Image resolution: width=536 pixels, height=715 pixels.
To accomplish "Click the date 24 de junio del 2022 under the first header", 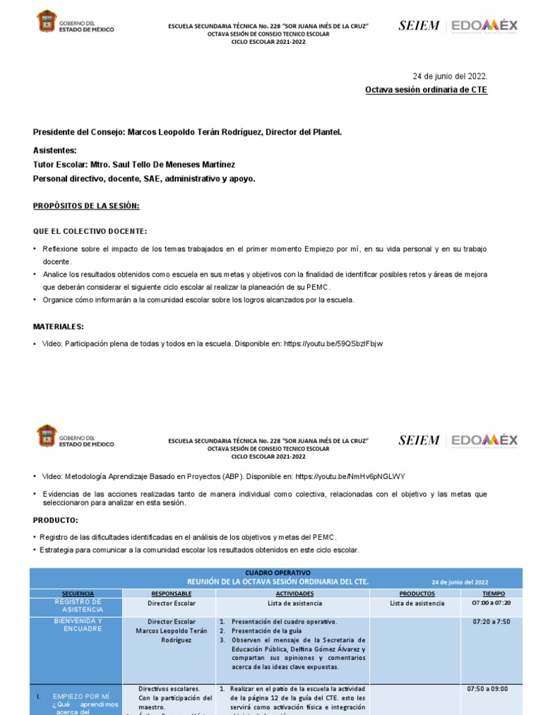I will coord(450,75).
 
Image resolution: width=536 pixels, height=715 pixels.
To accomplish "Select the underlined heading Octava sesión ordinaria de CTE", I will coord(426,90).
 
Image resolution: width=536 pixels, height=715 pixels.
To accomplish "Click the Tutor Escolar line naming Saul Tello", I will coord(134,164).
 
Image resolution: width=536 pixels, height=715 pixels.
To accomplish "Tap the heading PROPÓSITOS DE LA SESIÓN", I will coord(87,206).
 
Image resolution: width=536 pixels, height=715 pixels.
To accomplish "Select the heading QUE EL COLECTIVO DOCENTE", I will coord(90,231).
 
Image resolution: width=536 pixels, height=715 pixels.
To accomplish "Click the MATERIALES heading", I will coord(59,326).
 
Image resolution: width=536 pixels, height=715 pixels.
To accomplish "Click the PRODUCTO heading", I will coord(56,520).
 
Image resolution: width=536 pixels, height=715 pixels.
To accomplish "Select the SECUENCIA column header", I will coord(77,593).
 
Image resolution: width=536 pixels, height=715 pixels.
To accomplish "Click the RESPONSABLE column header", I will coord(171,593).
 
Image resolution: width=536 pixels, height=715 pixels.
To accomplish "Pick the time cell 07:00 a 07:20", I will coord(491,603).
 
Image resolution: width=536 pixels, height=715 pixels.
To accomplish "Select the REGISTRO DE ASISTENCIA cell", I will coord(77,605).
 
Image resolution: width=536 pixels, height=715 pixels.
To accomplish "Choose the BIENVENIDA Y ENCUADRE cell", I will coord(77,625).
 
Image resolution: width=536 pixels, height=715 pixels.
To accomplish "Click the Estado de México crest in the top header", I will coord(47,22).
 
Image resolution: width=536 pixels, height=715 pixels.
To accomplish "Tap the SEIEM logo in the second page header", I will coord(419,440).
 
